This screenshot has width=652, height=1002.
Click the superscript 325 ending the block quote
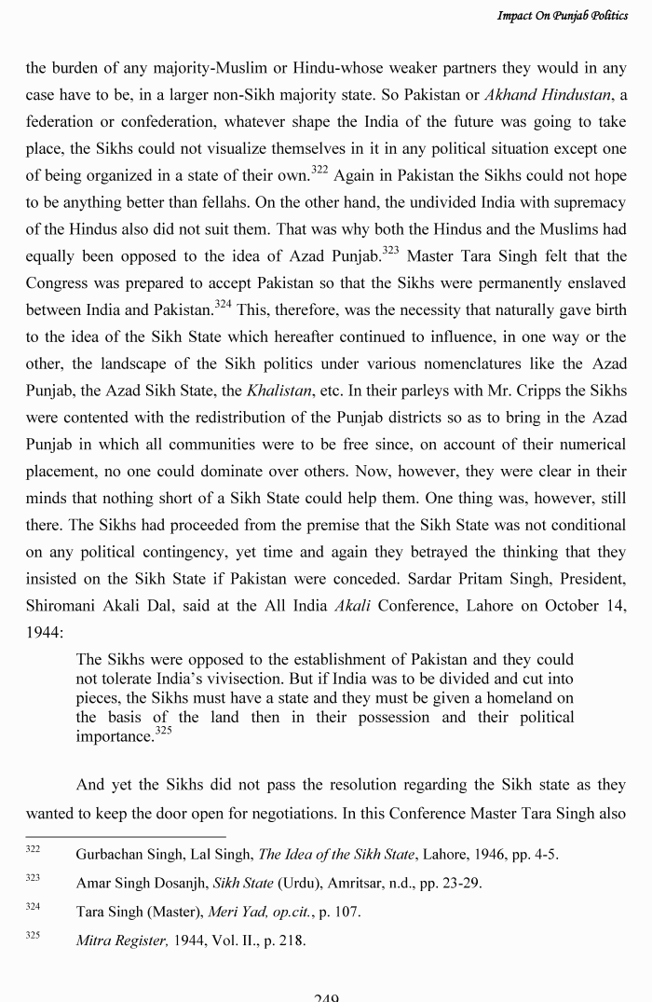[x=163, y=732]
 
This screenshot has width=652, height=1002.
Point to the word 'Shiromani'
[x=62, y=606]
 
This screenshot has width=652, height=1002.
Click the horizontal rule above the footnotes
[x=125, y=836]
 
